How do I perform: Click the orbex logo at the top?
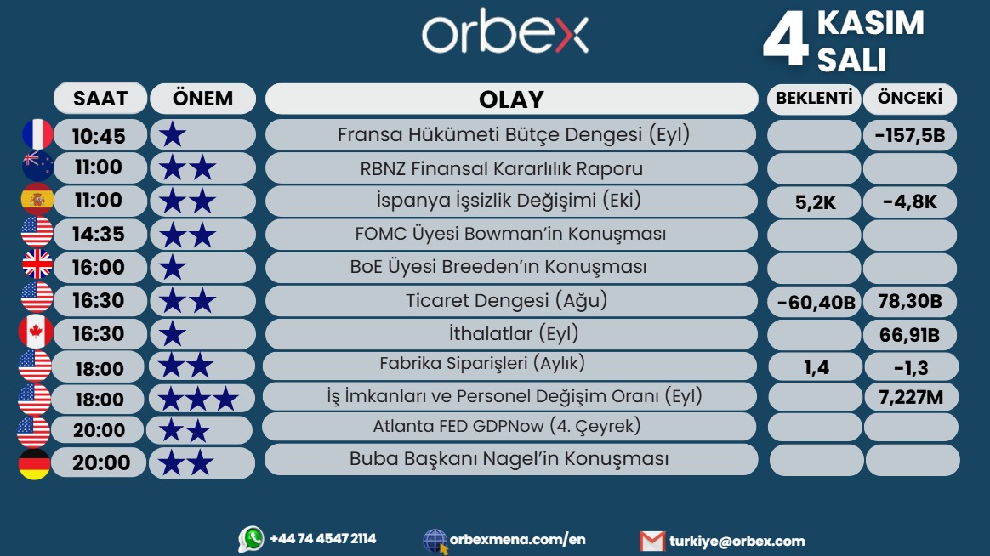click(x=505, y=35)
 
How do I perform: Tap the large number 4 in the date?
click(x=784, y=40)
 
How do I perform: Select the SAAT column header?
click(x=100, y=99)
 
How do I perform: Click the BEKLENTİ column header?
click(x=813, y=99)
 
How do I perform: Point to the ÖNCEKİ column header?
click(x=909, y=99)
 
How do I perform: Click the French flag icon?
click(x=37, y=134)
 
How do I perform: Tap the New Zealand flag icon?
click(x=37, y=167)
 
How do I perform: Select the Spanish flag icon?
click(x=37, y=200)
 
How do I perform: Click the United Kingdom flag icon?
click(x=37, y=266)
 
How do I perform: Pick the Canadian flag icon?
click(x=36, y=332)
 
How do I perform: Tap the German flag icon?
click(x=35, y=463)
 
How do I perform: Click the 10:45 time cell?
click(x=99, y=136)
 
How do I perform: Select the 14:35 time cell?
click(x=99, y=234)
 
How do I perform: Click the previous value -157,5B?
click(x=909, y=136)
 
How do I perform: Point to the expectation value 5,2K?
click(x=813, y=203)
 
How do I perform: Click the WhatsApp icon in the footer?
click(x=251, y=539)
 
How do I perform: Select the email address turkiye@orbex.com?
click(x=737, y=541)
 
